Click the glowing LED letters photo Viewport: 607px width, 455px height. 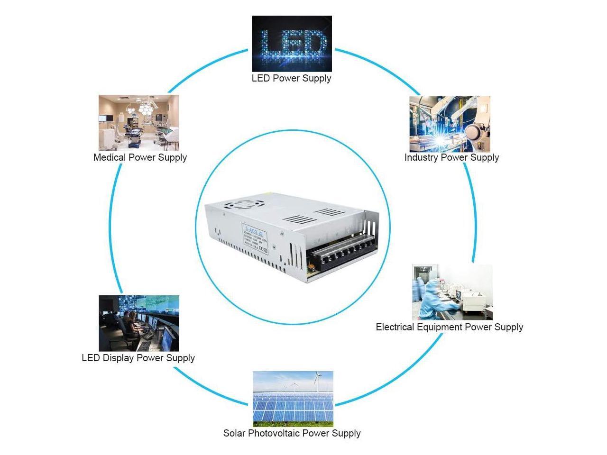point(292,44)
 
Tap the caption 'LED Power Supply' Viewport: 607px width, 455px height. point(291,78)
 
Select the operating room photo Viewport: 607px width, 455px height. point(139,123)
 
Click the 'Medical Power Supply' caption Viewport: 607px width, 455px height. point(140,157)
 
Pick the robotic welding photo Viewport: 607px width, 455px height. point(450,124)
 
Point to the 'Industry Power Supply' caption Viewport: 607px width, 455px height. point(451,157)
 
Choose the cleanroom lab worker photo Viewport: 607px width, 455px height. point(452,292)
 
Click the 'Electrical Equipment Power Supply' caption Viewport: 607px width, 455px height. point(449,327)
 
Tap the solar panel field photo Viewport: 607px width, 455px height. point(293,399)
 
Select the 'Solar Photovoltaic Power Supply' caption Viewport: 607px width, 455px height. point(292,433)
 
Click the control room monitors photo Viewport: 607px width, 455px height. point(139,323)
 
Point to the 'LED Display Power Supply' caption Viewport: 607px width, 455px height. point(138,358)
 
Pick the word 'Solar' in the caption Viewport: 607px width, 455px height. point(234,433)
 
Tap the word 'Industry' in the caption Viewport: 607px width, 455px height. point(420,157)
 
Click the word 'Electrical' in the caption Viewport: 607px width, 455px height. point(395,327)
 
